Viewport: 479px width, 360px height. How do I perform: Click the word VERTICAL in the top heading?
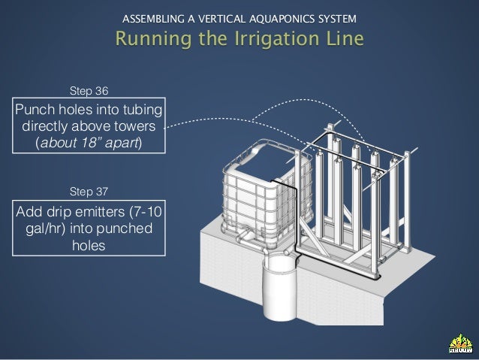pos(221,19)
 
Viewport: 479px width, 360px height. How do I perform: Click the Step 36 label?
pos(89,91)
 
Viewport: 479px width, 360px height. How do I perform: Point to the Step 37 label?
pos(89,192)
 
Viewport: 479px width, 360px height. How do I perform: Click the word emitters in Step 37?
pos(100,212)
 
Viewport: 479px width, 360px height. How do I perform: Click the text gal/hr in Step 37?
pos(45,228)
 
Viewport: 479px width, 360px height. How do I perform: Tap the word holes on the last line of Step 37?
pos(89,245)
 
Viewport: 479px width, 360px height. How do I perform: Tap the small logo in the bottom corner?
pos(461,343)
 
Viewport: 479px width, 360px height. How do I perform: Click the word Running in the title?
pos(154,39)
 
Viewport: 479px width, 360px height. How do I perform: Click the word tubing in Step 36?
pos(143,110)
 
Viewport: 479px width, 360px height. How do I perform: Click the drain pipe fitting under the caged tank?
pos(246,236)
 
